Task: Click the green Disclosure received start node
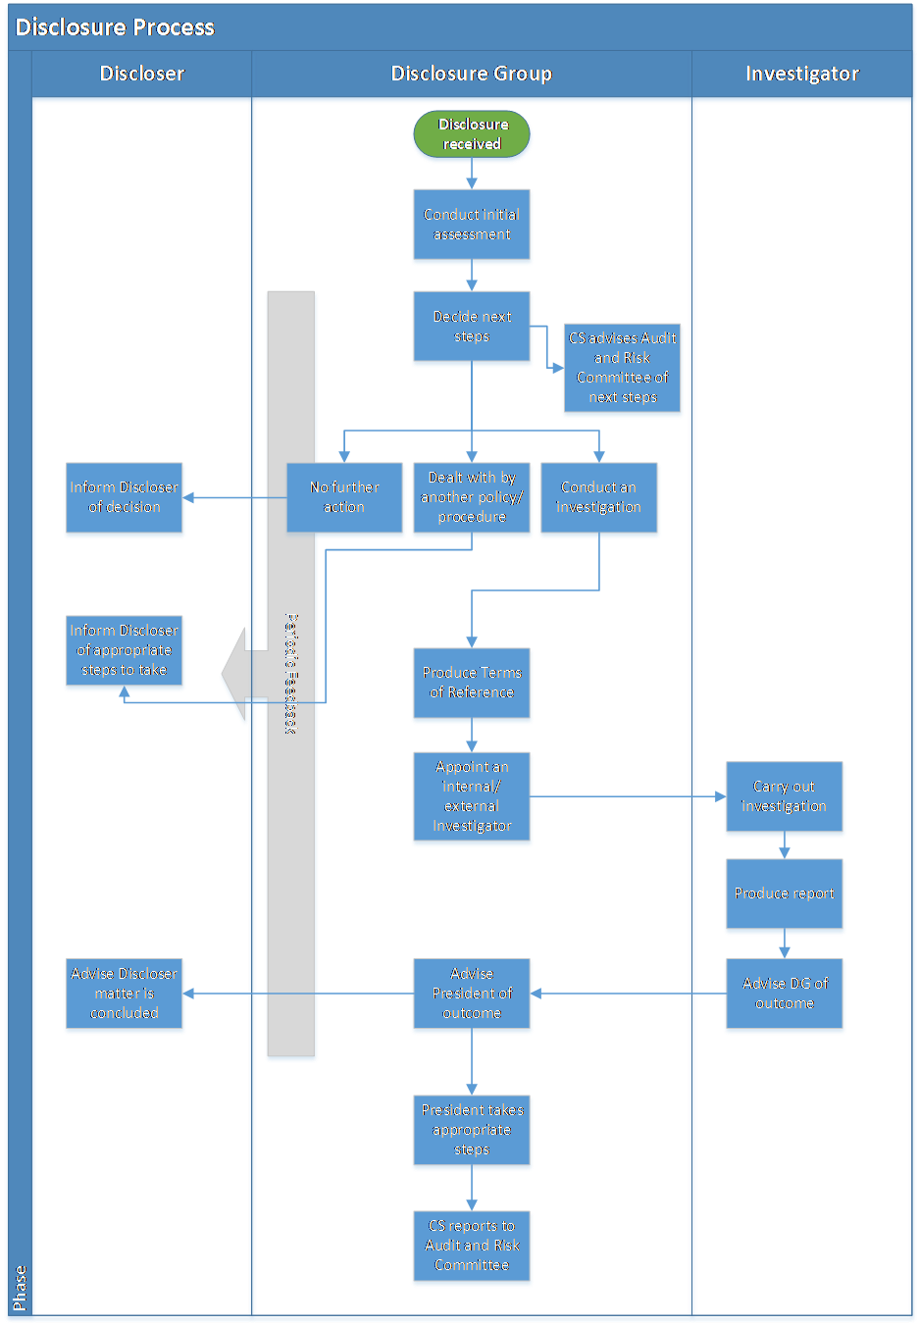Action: [472, 135]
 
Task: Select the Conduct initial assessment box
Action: [472, 226]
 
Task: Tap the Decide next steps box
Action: [472, 328]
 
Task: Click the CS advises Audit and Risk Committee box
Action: [623, 369]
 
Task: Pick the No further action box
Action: [345, 498]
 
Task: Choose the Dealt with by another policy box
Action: [472, 498]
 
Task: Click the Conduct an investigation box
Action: [599, 498]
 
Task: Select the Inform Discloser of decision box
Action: [125, 498]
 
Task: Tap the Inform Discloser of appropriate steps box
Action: [125, 651]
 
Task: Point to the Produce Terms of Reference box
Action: [472, 684]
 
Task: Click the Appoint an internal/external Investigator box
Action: [472, 797]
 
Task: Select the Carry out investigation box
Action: [785, 797]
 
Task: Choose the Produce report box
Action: [785, 894]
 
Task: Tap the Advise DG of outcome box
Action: [785, 994]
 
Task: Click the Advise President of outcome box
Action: [472, 994]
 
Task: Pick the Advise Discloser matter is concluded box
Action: [125, 994]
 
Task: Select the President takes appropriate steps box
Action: [472, 1131]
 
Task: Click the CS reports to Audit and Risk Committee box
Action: [472, 1247]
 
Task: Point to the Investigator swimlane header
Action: [801, 74]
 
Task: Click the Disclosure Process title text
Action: [115, 27]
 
